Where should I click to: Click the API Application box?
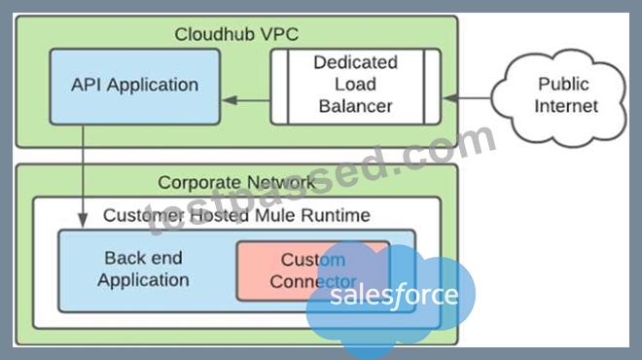pyautogui.click(x=134, y=87)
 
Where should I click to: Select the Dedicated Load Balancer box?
pyautogui.click(x=356, y=87)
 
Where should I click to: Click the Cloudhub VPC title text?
pyautogui.click(x=236, y=34)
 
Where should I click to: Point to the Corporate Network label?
pyautogui.click(x=236, y=182)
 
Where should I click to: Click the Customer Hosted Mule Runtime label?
pyautogui.click(x=236, y=215)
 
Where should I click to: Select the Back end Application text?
pyautogui.click(x=143, y=270)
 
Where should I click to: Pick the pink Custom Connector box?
pyautogui.click(x=313, y=270)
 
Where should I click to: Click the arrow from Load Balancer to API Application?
pyautogui.click(x=246, y=100)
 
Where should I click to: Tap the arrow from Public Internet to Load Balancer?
pyautogui.click(x=467, y=98)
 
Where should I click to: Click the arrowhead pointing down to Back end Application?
pyautogui.click(x=83, y=220)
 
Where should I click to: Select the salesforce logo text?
pyautogui.click(x=394, y=295)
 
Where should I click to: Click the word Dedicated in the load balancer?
pyautogui.click(x=355, y=62)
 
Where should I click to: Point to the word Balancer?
pyautogui.click(x=355, y=106)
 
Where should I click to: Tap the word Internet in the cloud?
pyautogui.click(x=566, y=106)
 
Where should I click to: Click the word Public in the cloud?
pyautogui.click(x=563, y=84)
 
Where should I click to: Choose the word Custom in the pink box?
pyautogui.click(x=313, y=260)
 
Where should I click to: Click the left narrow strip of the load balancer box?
pyautogui.click(x=279, y=87)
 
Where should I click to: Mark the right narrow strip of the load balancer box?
pyautogui.click(x=432, y=87)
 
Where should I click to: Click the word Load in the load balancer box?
pyautogui.click(x=355, y=84)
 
